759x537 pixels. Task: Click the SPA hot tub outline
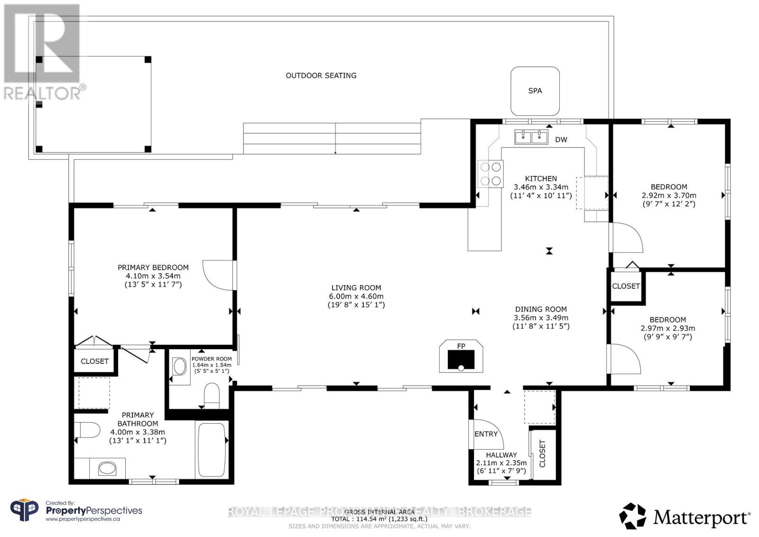pos(535,91)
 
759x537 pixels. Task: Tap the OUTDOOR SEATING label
pos(321,75)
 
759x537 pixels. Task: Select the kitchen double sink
pos(531,138)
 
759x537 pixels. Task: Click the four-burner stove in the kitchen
pos(491,174)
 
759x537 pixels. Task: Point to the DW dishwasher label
pos(561,139)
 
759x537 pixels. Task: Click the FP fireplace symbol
pos(461,358)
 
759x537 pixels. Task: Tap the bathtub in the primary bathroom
pos(212,449)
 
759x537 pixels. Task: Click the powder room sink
pos(180,366)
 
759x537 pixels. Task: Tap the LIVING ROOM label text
pos(356,287)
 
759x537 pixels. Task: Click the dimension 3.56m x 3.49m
pos(541,318)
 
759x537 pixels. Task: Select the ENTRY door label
pos(486,434)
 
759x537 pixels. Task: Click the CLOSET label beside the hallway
pos(543,454)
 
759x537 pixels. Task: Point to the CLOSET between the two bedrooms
pos(626,286)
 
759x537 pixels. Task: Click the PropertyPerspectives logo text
pos(93,510)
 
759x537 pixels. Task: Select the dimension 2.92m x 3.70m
pos(668,195)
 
